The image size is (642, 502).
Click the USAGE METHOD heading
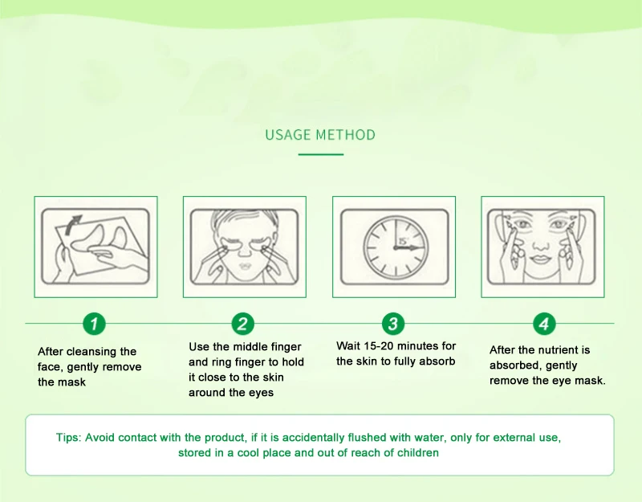coord(320,135)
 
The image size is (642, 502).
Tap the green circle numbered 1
coord(94,324)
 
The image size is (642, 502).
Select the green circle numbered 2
coord(243,324)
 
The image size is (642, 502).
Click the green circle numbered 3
coord(393,324)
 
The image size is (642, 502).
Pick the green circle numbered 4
coord(544,324)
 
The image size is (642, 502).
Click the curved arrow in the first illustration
coord(73,223)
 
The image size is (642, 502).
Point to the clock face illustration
coord(396,247)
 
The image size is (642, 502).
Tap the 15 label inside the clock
coord(404,241)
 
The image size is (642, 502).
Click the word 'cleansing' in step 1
coord(91,352)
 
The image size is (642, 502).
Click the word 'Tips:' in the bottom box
coord(69,438)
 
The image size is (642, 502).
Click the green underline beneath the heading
coord(320,154)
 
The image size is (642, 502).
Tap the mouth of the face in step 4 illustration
coord(540,259)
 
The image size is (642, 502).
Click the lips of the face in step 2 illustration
coord(245,265)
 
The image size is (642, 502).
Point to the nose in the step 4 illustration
coord(540,244)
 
